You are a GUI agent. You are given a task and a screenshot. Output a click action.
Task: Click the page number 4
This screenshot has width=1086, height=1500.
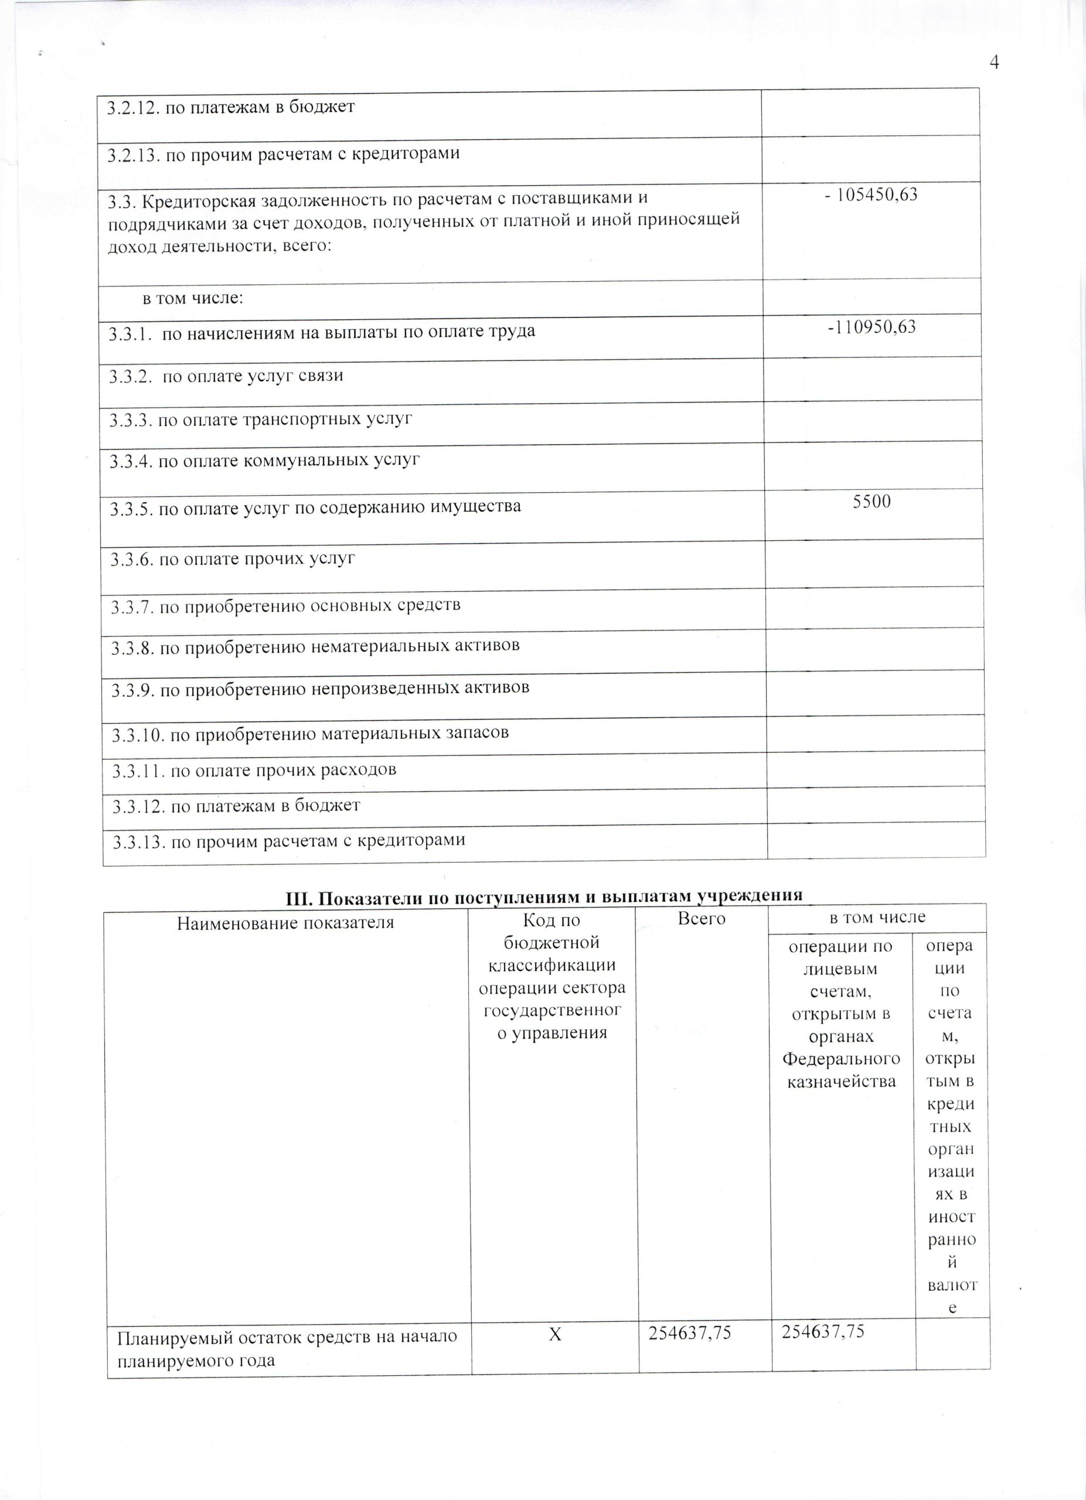(993, 63)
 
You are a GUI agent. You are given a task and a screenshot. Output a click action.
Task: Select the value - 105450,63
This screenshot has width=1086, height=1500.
(871, 195)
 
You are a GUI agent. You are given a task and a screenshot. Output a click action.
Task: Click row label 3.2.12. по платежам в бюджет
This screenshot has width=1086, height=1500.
(231, 107)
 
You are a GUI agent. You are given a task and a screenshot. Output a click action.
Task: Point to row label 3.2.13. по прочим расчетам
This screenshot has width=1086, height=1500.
(284, 154)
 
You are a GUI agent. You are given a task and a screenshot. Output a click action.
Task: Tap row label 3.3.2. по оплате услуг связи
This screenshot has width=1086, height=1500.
(226, 376)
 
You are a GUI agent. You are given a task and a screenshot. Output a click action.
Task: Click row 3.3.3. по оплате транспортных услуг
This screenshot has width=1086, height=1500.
(261, 420)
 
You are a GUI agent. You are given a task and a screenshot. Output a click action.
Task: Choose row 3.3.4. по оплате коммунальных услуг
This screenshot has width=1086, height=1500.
(264, 461)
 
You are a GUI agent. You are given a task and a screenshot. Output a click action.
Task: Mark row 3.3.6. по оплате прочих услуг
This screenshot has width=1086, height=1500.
(233, 559)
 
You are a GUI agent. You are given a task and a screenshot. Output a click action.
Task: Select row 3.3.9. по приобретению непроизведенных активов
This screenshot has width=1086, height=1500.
(320, 688)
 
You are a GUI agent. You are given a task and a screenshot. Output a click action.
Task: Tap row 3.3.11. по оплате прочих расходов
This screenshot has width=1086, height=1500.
(254, 770)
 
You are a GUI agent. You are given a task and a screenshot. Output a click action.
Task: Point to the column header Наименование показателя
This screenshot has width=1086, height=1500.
(285, 923)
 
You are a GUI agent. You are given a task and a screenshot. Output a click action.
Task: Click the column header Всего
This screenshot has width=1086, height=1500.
(701, 919)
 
